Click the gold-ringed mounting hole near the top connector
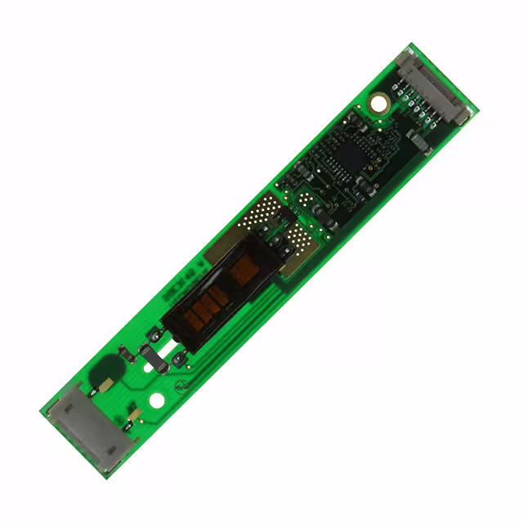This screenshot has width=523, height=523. click(x=378, y=102)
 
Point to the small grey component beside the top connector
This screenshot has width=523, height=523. click(x=418, y=143)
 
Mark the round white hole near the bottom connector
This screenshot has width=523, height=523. click(x=157, y=401)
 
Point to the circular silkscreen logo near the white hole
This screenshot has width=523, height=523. click(x=187, y=381)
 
